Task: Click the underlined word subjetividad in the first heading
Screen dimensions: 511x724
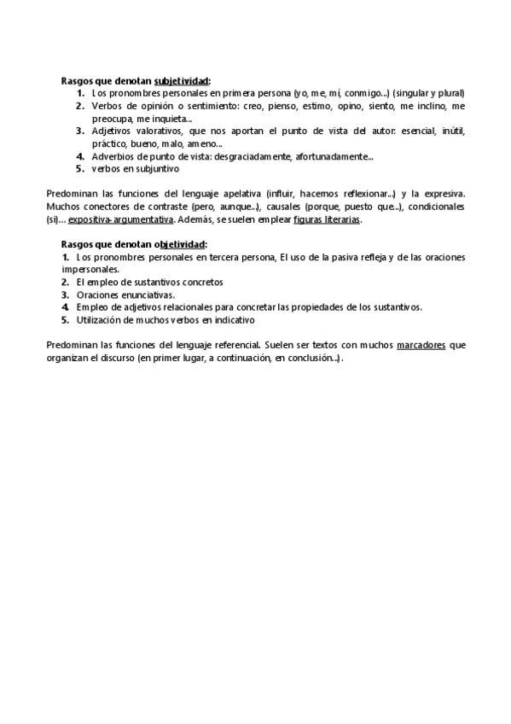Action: pos(182,80)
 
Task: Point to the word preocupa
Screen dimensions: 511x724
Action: pos(112,119)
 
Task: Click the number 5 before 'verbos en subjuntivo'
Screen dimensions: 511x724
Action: pos(79,169)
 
